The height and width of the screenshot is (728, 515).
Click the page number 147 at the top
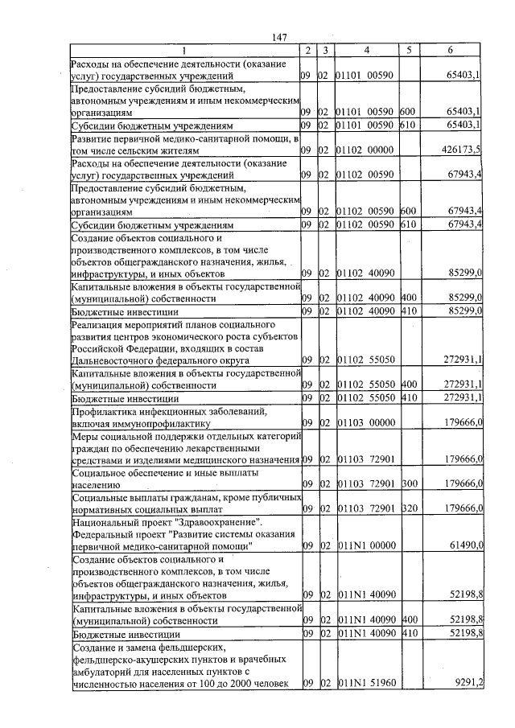pyautogui.click(x=280, y=37)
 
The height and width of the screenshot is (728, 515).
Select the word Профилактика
pyautogui.click(x=105, y=410)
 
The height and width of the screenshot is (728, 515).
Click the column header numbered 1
pyautogui.click(x=184, y=51)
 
